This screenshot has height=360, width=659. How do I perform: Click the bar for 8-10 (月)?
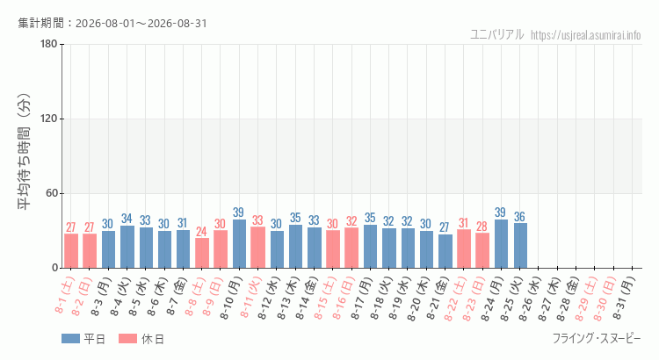coord(239,243)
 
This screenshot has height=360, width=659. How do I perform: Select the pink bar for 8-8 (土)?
coord(202,253)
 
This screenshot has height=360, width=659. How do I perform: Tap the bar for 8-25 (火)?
coord(520,246)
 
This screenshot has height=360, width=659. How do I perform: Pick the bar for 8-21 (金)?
coord(445,251)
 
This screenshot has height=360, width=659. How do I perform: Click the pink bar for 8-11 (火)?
coord(257,248)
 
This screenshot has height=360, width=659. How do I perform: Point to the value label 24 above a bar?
coord(202,232)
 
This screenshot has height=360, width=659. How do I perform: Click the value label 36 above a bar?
coord(520,217)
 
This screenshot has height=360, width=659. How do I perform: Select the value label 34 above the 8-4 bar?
coord(127,219)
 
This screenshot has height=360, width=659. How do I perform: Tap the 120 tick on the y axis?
coord(49,119)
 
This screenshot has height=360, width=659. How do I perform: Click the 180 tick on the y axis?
coord(49,44)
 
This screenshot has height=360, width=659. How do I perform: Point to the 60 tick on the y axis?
coord(52,194)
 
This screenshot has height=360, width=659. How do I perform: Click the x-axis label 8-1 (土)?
coord(64,295)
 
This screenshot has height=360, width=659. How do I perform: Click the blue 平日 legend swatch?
coord(70,339)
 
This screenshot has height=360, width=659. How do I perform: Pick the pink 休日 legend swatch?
coord(127,339)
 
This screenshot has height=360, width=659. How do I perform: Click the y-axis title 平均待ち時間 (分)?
coord(25,152)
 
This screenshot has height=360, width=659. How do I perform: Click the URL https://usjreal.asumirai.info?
coord(586,35)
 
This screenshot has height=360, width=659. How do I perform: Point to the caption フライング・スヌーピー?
coord(597,338)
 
